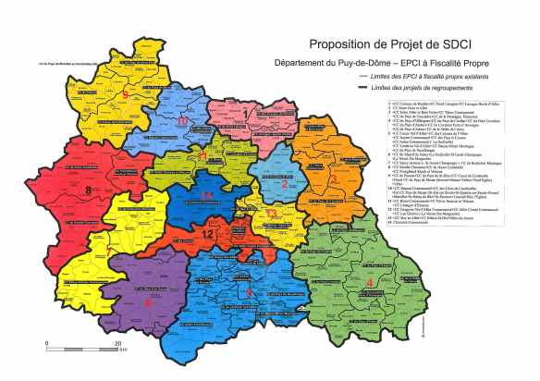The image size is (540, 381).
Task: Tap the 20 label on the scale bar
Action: [117, 344]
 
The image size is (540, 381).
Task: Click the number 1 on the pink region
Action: [245, 114]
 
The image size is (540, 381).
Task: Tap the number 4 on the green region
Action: [370, 282]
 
